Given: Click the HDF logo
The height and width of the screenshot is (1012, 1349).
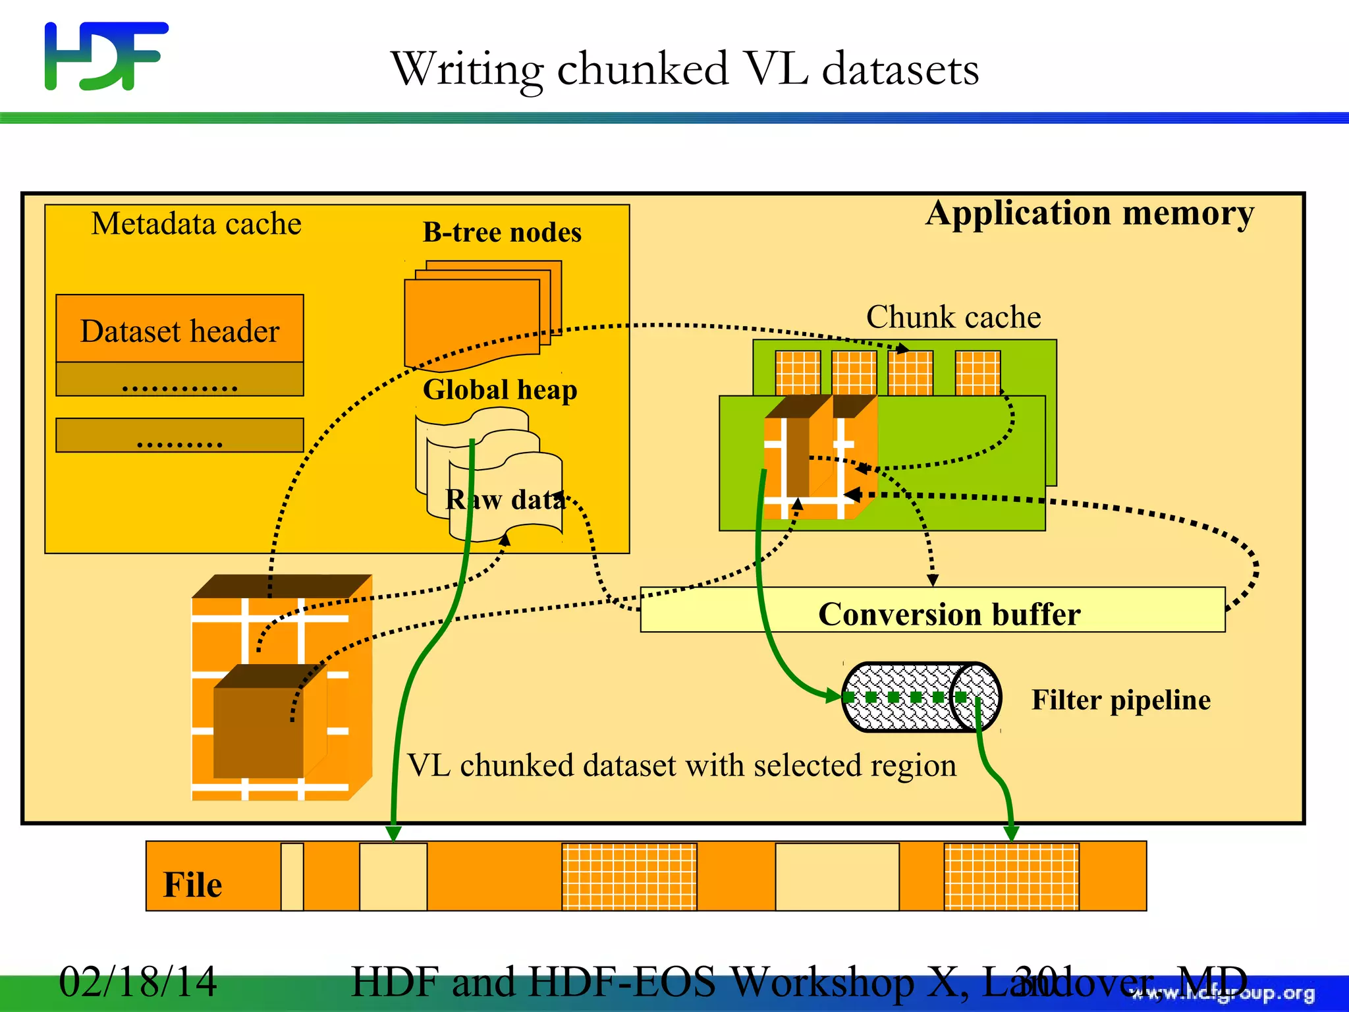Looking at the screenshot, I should [x=105, y=56].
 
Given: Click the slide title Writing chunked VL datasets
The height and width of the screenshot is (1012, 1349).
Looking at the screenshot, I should [x=685, y=69].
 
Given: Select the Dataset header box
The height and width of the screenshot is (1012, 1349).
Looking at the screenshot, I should [x=179, y=329].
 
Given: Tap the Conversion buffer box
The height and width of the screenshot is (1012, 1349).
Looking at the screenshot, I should [x=932, y=610].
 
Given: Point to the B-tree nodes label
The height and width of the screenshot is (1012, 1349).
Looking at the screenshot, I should [x=502, y=233].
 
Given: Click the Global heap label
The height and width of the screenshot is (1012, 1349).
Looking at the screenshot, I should [x=500, y=389].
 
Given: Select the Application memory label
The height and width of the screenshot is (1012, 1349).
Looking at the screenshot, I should [x=1089, y=213].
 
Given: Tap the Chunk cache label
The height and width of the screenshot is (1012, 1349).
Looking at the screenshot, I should [x=953, y=317].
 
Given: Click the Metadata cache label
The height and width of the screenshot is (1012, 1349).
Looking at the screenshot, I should [x=196, y=224].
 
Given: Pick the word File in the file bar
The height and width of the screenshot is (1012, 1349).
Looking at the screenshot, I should [x=192, y=884].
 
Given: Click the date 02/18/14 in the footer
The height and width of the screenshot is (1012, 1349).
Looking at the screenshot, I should [x=138, y=981].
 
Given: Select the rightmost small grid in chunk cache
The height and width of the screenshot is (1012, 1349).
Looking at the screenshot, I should [x=977, y=373].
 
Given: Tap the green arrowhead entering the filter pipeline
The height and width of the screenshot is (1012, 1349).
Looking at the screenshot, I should [x=833, y=696].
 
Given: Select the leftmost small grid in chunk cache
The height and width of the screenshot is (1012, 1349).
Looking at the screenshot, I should [x=798, y=373].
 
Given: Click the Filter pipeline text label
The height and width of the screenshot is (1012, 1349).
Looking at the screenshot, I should [x=1120, y=700].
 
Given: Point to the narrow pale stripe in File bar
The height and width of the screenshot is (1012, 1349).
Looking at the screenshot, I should [x=292, y=876].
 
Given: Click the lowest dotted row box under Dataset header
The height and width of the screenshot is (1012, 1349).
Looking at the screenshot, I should [x=179, y=435].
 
